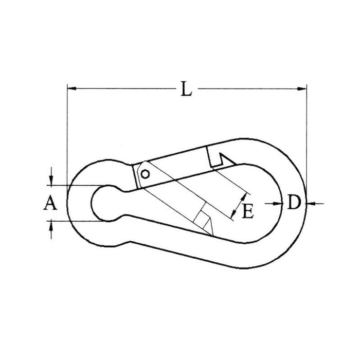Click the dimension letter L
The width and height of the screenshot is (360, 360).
186,89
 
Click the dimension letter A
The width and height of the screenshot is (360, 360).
50,203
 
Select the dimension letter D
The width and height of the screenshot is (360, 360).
294,202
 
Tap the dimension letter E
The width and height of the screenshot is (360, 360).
248,211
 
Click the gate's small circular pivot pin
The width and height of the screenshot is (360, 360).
145,174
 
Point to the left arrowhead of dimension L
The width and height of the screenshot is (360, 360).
72,88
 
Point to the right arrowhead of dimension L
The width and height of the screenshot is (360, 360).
302,88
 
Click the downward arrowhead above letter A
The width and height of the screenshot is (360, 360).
51,180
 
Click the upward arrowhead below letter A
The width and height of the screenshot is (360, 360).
51,226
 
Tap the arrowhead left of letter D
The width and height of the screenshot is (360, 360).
278,204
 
